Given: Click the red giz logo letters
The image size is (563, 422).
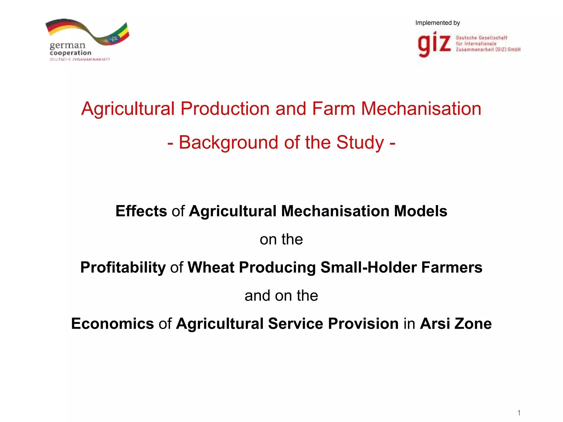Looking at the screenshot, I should [434, 44].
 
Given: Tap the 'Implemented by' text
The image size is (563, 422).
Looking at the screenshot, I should [437, 23].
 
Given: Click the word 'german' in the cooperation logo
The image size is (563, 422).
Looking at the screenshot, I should [68, 45].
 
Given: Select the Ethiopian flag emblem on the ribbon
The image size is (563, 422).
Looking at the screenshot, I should [113, 39].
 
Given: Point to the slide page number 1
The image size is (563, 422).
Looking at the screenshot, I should [519, 413].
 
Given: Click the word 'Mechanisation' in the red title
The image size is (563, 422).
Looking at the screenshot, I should [421, 109].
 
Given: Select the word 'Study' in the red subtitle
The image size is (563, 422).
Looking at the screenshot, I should [360, 142].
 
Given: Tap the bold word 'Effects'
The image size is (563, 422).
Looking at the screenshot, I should [141, 211].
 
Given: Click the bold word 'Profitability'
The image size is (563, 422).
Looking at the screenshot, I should [123, 267].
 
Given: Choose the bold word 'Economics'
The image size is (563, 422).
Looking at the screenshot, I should [112, 323].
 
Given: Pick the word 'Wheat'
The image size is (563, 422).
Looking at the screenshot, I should [211, 267].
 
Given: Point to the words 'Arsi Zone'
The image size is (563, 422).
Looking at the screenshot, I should [456, 323].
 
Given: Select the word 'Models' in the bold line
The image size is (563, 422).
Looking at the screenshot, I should [421, 211].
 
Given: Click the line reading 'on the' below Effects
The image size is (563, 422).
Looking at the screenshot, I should [281, 239].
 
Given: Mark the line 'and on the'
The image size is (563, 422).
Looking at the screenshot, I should [281, 296].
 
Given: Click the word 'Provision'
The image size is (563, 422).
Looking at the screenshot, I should [363, 323].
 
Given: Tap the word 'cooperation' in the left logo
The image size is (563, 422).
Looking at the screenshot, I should [70, 53].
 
